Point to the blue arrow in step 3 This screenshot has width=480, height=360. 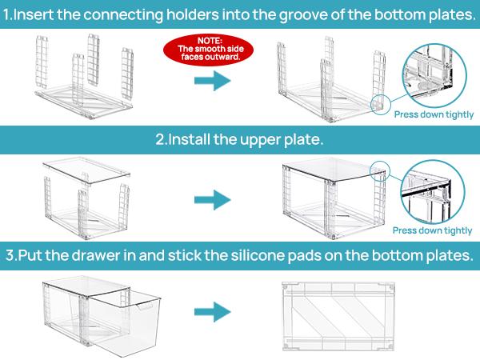click(210, 309)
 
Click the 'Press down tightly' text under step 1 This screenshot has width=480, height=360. click(433, 114)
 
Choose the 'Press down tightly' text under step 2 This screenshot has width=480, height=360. click(433, 230)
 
